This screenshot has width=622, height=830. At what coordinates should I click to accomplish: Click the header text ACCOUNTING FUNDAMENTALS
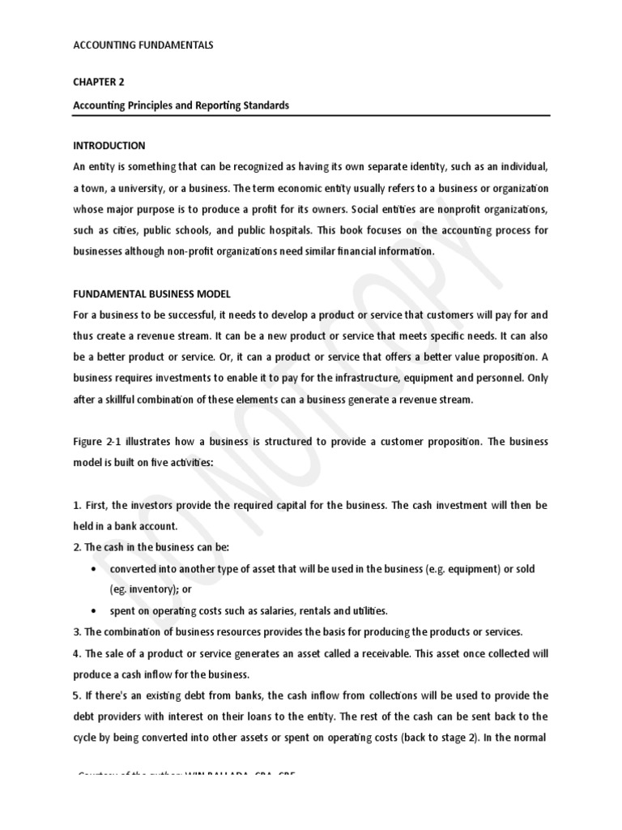(x=144, y=46)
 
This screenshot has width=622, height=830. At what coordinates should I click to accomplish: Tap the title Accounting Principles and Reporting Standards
(x=181, y=106)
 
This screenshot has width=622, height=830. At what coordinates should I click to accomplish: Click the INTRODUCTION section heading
(x=109, y=146)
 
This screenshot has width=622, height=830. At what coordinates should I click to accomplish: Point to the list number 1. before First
(x=77, y=505)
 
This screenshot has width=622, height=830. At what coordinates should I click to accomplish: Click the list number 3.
(x=77, y=631)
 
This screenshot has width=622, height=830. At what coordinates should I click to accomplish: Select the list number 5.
(x=77, y=695)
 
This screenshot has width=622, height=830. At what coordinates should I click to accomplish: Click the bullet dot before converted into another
(x=95, y=569)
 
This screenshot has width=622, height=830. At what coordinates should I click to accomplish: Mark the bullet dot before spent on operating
(x=95, y=610)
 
